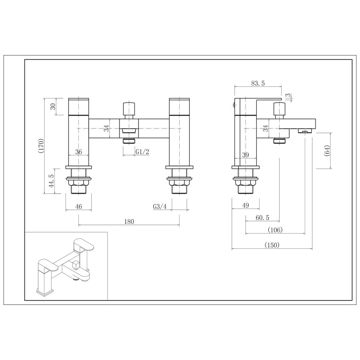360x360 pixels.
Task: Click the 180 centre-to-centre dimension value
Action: [129, 221]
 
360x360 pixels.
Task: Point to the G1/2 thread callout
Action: [142, 152]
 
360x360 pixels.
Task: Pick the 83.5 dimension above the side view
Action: [258, 83]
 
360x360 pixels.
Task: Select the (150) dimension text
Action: [272, 245]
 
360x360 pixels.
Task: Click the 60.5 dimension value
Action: [262, 217]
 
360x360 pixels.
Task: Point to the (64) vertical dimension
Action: [327, 151]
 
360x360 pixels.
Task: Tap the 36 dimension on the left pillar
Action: [78, 152]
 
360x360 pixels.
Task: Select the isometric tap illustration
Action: [66, 266]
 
